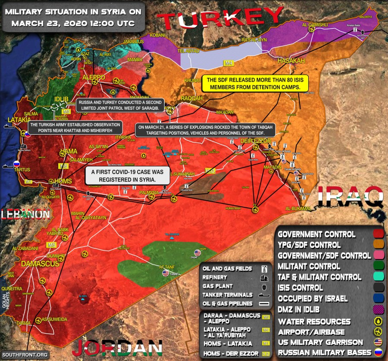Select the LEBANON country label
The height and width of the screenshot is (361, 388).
[x=25, y=214]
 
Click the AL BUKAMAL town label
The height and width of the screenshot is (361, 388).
[x=298, y=209]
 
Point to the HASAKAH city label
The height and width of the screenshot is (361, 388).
[x=288, y=60]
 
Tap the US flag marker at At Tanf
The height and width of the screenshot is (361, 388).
[x=166, y=273]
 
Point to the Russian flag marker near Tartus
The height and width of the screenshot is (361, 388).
[x=16, y=164]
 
